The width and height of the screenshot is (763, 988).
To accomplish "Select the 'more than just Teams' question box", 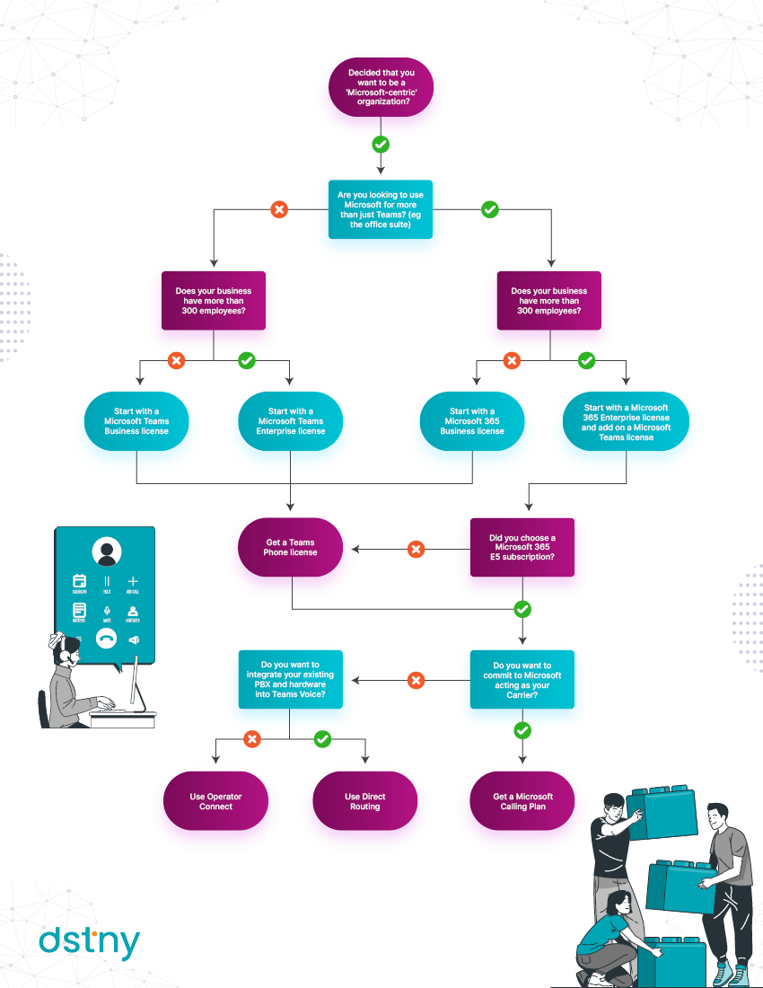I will [380, 209].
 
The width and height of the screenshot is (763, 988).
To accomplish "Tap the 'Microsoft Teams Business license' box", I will [136, 421].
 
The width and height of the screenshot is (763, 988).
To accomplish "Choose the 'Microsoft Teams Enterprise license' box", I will [290, 421].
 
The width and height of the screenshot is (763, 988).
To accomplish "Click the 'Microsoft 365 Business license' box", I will [471, 421].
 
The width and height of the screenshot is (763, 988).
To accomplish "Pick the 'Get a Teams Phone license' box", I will [291, 547].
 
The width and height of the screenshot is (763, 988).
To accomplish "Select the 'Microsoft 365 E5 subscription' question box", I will [522, 548].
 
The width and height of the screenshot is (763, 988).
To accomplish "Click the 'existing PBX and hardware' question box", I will [290, 680].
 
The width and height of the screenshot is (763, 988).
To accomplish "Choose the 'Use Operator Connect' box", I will [215, 801].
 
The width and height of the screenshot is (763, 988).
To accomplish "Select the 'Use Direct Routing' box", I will [364, 801].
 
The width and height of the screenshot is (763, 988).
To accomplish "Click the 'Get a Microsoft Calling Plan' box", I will [522, 801].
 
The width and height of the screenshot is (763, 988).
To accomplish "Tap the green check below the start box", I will [381, 144].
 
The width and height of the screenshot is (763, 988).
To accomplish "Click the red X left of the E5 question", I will [416, 549].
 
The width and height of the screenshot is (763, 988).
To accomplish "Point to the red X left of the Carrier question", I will [416, 681].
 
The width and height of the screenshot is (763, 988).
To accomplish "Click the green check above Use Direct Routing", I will [322, 739].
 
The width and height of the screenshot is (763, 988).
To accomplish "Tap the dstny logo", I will [89, 942].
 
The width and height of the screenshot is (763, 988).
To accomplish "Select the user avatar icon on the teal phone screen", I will [107, 552].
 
